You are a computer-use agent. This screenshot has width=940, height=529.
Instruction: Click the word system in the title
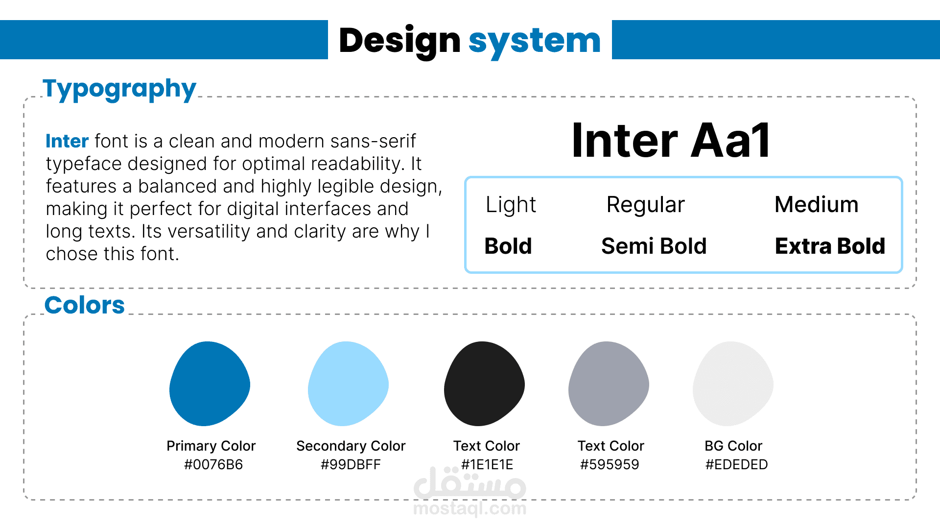pos(535,42)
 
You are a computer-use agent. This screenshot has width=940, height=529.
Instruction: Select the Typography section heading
pos(119,89)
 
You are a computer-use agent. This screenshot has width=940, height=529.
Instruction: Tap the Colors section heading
pos(84,305)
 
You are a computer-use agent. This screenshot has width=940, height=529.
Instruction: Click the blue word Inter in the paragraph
pos(67,141)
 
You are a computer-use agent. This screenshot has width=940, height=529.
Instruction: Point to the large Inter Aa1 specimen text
pos(671,141)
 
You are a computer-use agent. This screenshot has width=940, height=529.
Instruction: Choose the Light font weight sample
pos(511,205)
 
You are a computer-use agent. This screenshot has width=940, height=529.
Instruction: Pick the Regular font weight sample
pos(645,205)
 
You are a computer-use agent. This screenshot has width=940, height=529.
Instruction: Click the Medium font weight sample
pos(816,204)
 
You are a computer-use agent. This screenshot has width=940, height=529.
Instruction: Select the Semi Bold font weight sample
pos(654,246)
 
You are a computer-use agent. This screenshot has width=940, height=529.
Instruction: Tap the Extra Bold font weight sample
pos(830,246)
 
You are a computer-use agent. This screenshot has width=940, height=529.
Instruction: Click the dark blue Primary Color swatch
pos(210,384)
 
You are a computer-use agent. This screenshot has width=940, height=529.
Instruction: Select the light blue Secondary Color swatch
pos(348,384)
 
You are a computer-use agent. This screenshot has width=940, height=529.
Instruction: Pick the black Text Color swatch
pos(484,384)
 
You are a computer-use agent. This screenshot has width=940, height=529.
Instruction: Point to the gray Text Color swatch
pos(609,384)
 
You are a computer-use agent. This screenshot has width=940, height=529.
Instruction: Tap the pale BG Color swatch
pos(733,384)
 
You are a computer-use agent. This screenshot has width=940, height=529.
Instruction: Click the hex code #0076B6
pos(213,464)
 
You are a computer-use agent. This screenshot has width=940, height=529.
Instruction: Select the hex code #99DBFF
pos(351,464)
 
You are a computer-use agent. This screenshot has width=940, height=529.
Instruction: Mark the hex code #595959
pos(610,464)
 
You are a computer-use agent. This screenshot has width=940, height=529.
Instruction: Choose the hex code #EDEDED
pos(736,464)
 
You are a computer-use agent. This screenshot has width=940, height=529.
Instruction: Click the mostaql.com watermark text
pos(470,509)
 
